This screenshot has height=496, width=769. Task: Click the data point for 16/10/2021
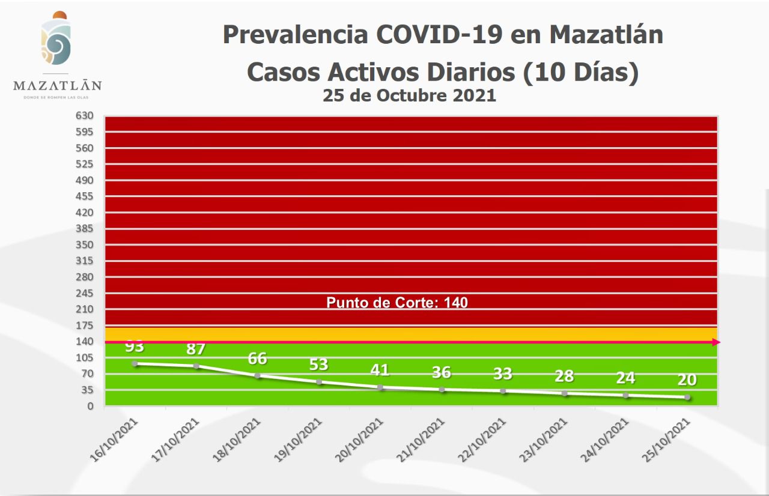tap(135, 364)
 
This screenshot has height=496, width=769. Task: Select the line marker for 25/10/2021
tap(687, 397)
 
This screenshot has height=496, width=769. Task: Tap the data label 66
tap(257, 358)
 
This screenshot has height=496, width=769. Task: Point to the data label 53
tap(318, 364)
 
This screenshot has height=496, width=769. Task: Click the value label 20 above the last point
tap(687, 380)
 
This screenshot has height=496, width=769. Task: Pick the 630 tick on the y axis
tap(85, 116)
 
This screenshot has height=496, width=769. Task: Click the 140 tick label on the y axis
tap(85, 341)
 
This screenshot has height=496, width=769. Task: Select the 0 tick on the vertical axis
tap(90, 406)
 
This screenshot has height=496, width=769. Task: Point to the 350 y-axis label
tap(85, 244)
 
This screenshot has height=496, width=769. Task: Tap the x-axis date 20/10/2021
tap(359, 440)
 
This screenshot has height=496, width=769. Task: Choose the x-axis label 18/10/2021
tap(237, 440)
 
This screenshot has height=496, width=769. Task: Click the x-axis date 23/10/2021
tap(543, 440)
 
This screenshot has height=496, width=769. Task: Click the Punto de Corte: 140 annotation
tap(397, 303)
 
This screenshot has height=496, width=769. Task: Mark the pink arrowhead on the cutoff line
tap(716, 342)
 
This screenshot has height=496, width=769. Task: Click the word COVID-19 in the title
tap(439, 35)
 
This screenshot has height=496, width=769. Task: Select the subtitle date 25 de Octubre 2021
tap(409, 95)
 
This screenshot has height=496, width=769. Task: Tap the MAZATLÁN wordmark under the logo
tap(57, 85)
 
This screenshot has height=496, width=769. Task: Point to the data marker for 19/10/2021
tap(318, 382)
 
